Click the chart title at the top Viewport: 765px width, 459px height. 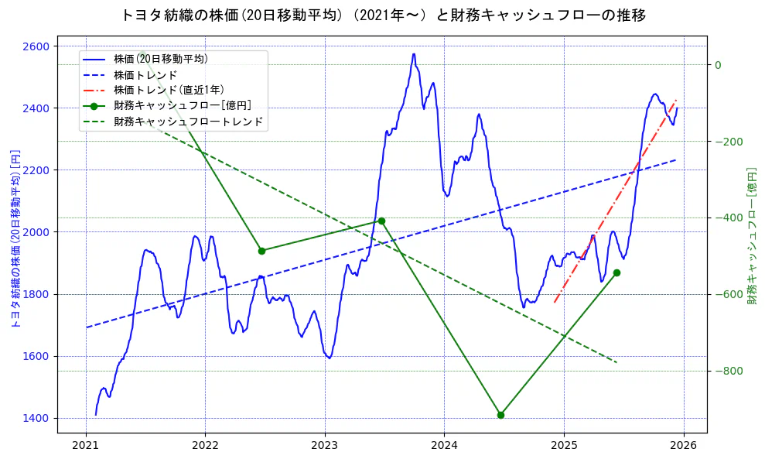(x=383, y=15)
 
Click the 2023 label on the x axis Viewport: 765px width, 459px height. (x=325, y=447)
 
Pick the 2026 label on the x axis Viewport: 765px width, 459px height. (x=683, y=447)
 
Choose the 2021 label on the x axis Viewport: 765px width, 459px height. (x=86, y=447)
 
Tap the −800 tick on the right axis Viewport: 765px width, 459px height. (x=728, y=372)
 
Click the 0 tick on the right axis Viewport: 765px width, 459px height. (x=718, y=65)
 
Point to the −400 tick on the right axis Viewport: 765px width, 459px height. (x=728, y=218)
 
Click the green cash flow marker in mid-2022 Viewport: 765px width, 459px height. (x=261, y=251)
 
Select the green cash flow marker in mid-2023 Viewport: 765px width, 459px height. (x=381, y=221)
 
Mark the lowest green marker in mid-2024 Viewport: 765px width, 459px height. (x=500, y=415)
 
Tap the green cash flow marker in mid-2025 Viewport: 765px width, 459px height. (x=616, y=272)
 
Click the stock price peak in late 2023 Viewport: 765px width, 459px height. (x=414, y=54)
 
